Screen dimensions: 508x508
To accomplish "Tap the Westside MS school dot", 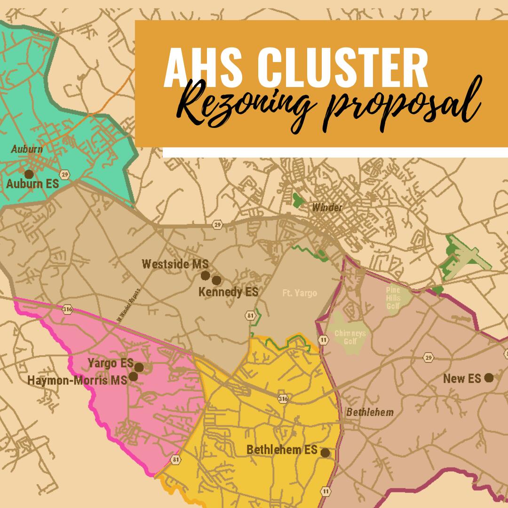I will tap(205, 275).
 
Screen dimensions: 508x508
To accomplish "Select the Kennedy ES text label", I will tap(228, 292).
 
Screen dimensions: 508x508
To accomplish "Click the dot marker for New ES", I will tap(489, 377).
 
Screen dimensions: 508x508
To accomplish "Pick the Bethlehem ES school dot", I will tap(325, 452).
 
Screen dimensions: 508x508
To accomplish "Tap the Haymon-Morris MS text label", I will tap(78, 381).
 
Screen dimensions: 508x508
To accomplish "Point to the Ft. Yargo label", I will tap(300, 294).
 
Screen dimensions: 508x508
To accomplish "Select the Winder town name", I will tap(327, 207).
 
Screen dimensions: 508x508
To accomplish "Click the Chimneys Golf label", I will tap(347, 337).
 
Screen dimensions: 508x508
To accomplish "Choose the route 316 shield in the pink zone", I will tap(67, 309).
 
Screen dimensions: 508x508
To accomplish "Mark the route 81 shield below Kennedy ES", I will tap(249, 314).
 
